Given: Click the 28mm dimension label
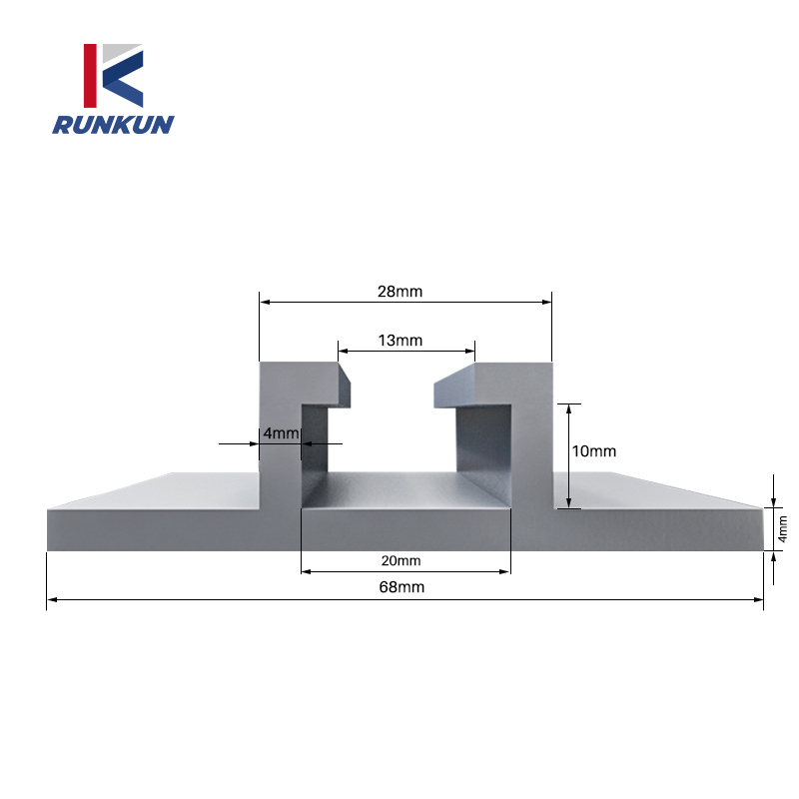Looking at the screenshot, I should pyautogui.click(x=400, y=292).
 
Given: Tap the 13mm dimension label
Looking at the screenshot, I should pyautogui.click(x=400, y=341).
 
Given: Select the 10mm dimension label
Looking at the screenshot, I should pyautogui.click(x=593, y=450).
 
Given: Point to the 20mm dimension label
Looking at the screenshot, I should pyautogui.click(x=400, y=560).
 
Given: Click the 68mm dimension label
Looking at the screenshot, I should pyautogui.click(x=401, y=587).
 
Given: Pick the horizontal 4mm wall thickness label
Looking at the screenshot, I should pyautogui.click(x=279, y=432).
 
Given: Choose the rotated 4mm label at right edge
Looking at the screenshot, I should pyautogui.click(x=782, y=528).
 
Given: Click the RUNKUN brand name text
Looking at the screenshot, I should pyautogui.click(x=113, y=125).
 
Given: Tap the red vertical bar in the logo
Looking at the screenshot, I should pyautogui.click(x=90, y=75).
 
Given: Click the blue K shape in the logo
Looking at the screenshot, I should pyautogui.click(x=124, y=80).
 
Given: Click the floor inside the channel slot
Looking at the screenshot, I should pyautogui.click(x=404, y=489).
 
